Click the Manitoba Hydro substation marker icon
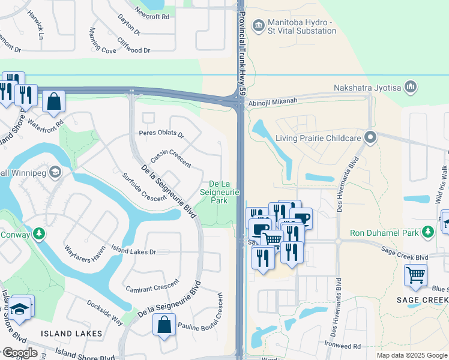point(259,25)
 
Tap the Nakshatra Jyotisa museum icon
point(411,88)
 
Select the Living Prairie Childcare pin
point(370,137)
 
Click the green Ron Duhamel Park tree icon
point(427,232)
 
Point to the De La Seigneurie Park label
point(224,192)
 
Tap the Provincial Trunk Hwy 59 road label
point(243,39)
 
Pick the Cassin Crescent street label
point(171,158)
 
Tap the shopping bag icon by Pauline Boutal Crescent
point(164,326)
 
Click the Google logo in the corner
point(19,353)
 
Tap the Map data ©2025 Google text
point(411,355)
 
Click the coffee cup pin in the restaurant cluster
point(300,218)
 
